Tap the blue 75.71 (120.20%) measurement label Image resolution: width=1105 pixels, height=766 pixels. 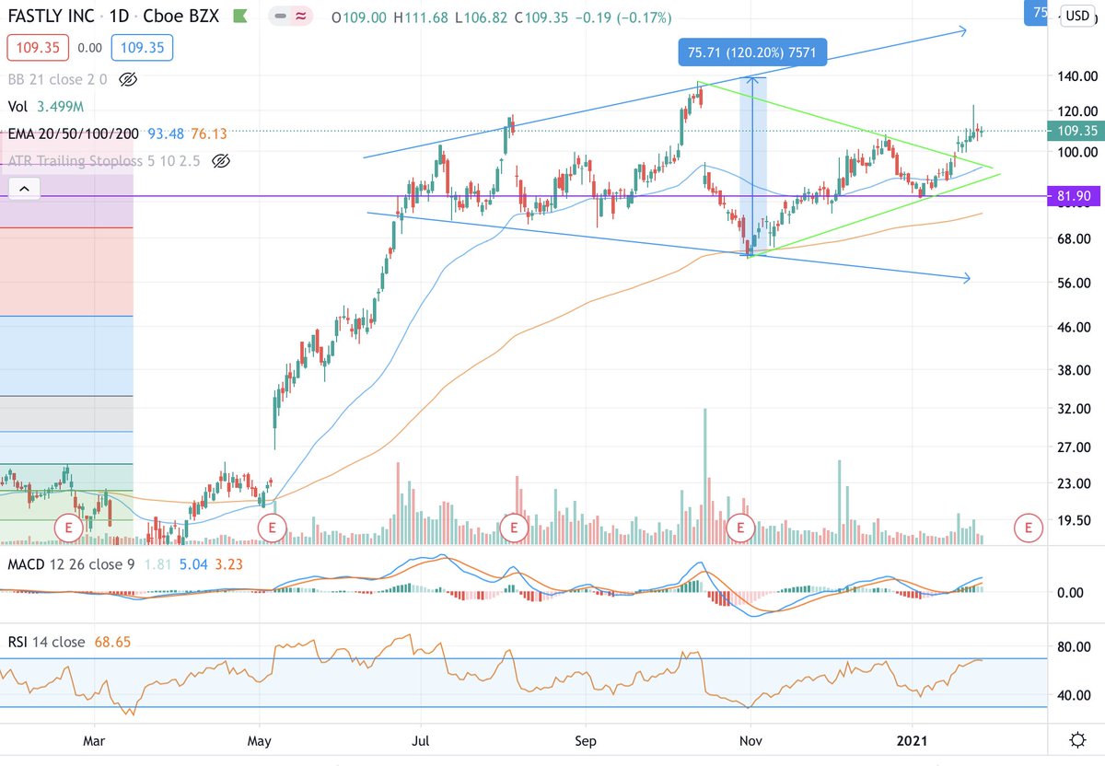(752, 54)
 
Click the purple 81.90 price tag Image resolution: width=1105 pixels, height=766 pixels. (1074, 196)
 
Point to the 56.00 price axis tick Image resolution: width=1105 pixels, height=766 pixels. (1076, 283)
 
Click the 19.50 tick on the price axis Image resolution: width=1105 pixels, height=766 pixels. (1076, 519)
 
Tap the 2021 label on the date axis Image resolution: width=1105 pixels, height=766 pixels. (913, 740)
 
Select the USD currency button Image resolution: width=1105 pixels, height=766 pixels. (1076, 15)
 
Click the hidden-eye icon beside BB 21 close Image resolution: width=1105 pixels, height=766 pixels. (129, 80)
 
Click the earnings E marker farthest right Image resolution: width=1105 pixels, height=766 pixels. (1028, 528)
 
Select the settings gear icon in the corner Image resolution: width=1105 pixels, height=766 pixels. (1076, 740)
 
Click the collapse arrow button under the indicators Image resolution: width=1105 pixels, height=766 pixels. (23, 191)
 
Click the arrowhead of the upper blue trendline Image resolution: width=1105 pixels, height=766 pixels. (963, 32)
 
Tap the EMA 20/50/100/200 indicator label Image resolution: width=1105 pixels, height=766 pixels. (73, 133)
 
